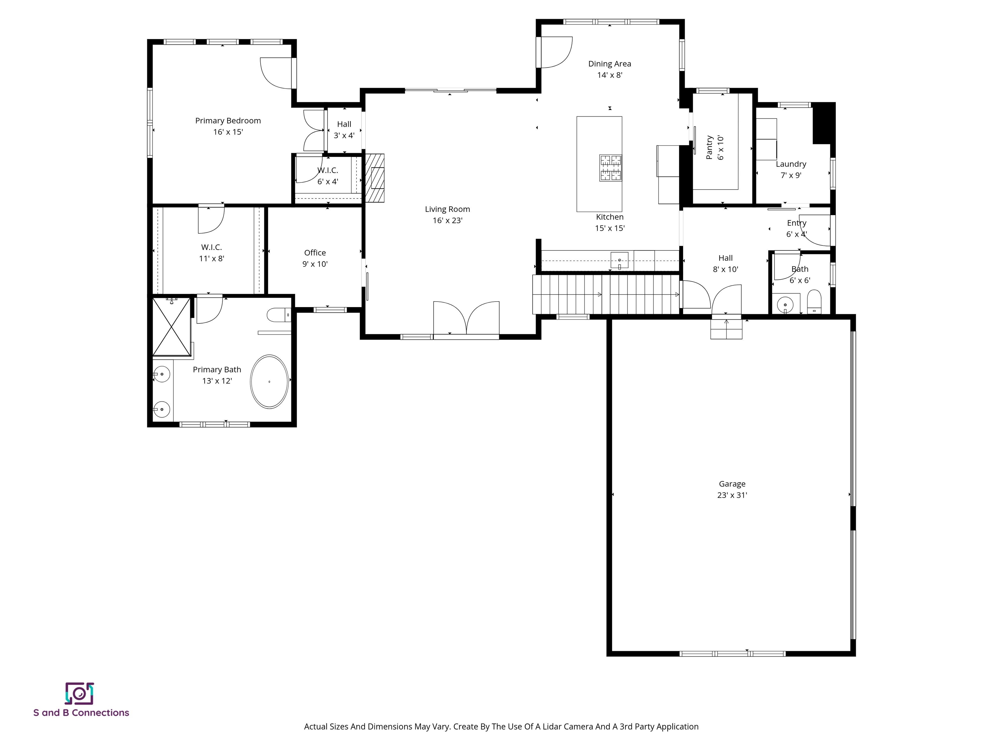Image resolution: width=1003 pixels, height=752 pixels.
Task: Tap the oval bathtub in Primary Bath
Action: tap(269, 382)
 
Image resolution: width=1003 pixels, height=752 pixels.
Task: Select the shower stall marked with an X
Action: tap(171, 327)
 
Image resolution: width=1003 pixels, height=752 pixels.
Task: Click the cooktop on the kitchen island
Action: tap(610, 168)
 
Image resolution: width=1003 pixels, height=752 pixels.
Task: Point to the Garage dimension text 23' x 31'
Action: tap(732, 495)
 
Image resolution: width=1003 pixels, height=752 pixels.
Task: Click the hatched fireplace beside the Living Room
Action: tap(375, 178)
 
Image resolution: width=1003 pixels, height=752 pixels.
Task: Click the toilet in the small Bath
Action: tap(814, 302)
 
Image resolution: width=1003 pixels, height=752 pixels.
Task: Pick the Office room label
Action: tap(315, 253)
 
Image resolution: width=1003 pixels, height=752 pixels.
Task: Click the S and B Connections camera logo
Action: tap(79, 694)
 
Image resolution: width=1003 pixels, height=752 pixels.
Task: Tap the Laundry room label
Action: tap(791, 164)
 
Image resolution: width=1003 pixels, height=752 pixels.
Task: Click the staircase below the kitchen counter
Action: tap(606, 295)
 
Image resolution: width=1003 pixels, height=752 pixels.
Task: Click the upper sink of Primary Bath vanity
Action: tap(161, 374)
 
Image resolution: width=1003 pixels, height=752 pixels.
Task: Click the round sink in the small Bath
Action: tap(785, 305)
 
